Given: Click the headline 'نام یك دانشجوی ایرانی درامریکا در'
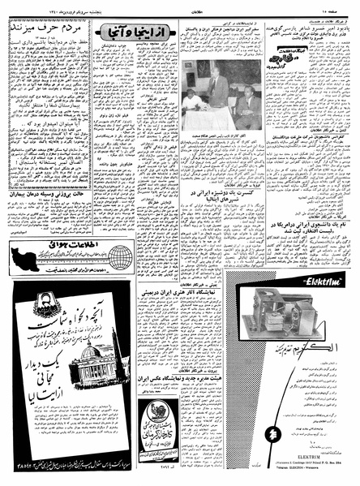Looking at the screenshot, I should tap(304, 204).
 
